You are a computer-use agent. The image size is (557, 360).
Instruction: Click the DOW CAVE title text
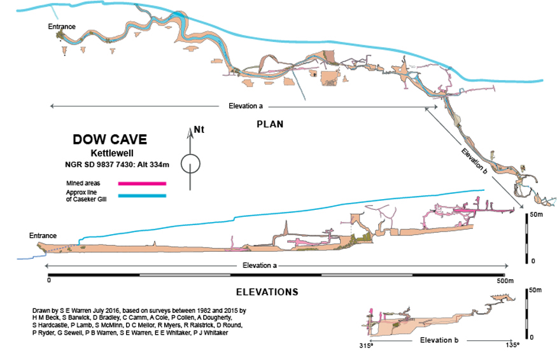point(109,140)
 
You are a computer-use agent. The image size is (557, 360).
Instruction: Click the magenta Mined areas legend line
point(143,183)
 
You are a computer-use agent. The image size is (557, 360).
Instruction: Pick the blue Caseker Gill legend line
point(143,195)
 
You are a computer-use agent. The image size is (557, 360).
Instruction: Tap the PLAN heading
point(269,124)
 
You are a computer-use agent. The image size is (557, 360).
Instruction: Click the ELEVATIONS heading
point(267,293)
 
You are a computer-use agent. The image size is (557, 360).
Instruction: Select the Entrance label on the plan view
point(62,27)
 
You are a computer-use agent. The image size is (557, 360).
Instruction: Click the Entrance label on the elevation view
point(43,236)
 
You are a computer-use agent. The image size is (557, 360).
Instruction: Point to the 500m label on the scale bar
point(505,280)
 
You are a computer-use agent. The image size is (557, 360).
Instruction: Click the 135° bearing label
point(513,345)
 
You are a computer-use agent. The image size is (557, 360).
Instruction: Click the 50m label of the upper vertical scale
point(537,216)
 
